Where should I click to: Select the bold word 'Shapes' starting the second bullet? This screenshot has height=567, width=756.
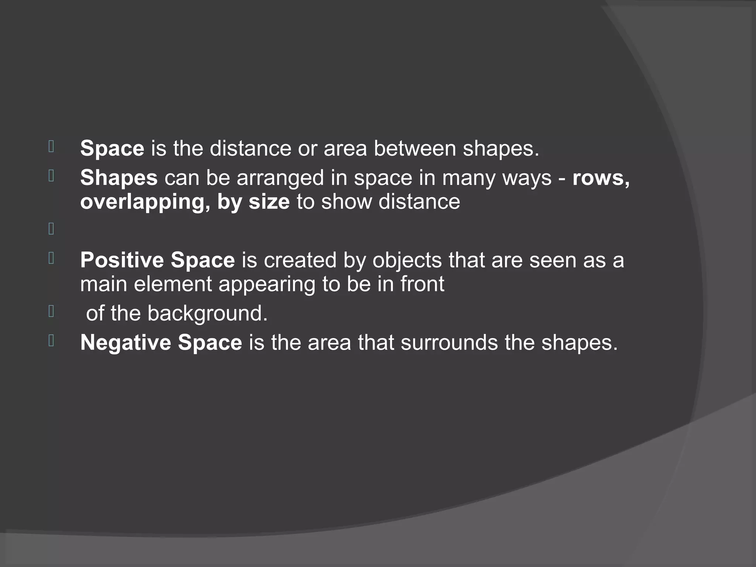click(x=119, y=178)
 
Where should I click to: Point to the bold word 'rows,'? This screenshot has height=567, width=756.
click(x=601, y=178)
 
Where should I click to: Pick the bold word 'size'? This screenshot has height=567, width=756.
click(x=269, y=202)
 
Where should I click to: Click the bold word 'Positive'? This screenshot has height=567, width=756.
click(x=122, y=260)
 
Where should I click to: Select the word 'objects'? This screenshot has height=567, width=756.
click(x=407, y=261)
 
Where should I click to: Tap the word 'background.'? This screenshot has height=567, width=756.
click(x=207, y=314)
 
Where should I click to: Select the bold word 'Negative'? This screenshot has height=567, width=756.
click(x=126, y=342)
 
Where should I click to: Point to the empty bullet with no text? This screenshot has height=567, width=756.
click(x=51, y=229)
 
